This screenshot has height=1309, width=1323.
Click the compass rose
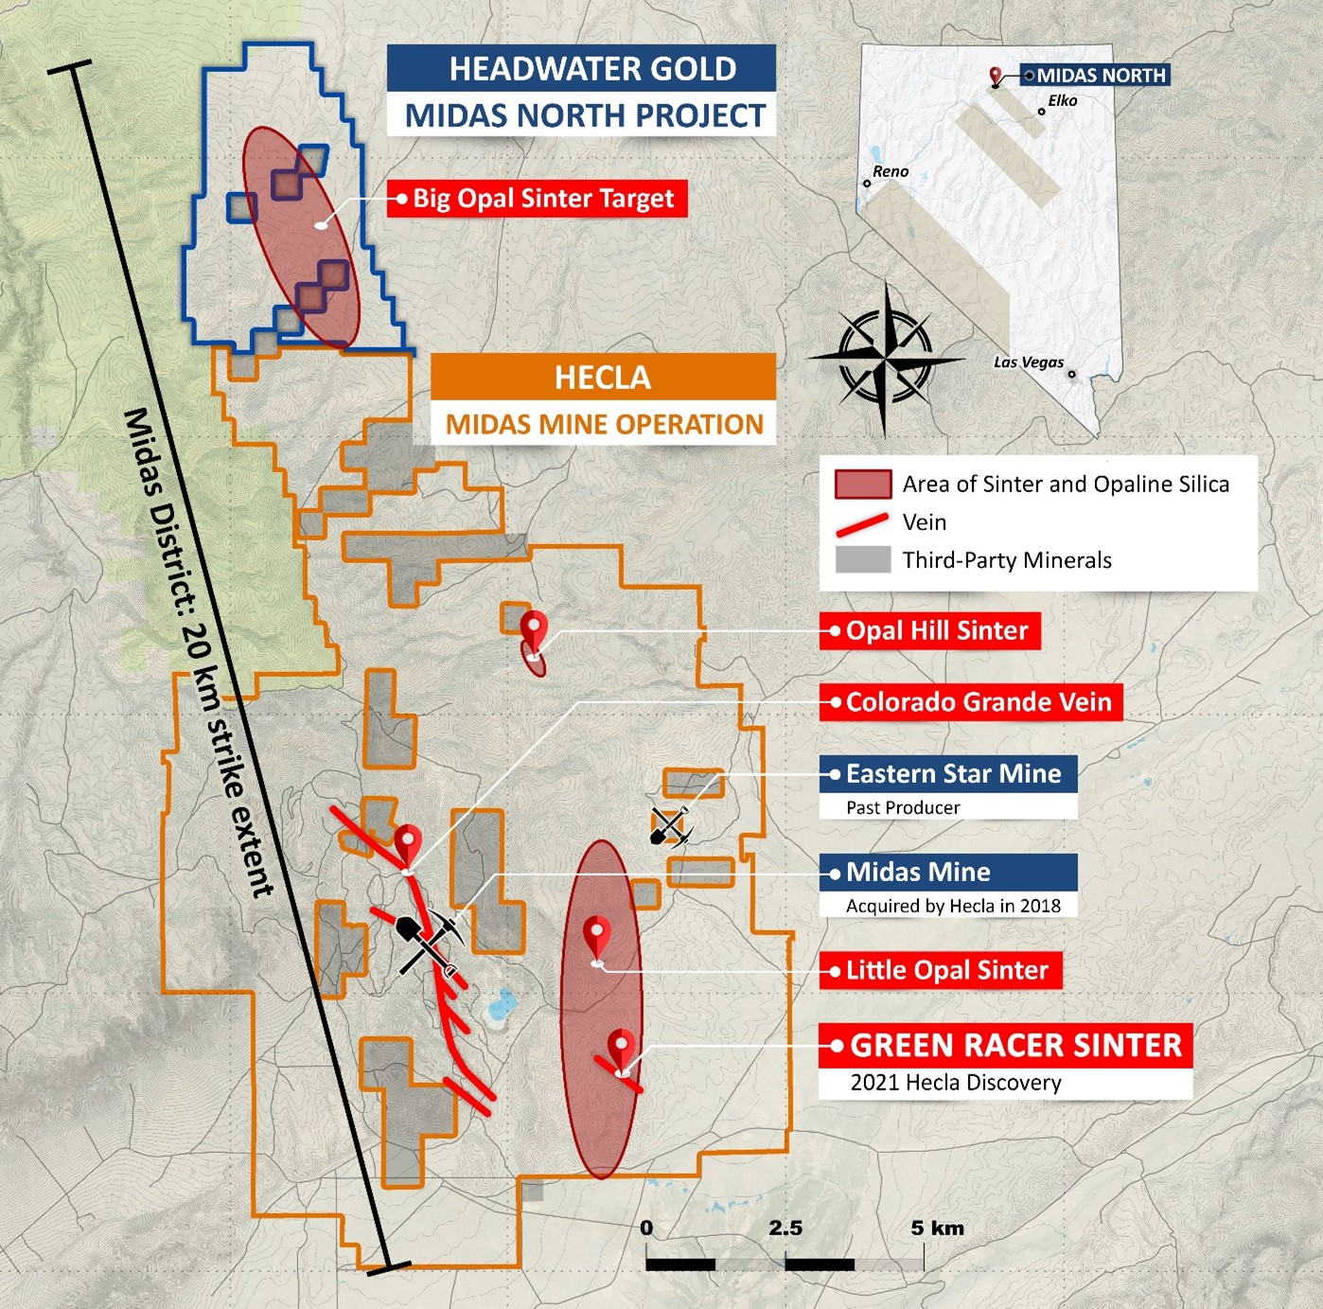click(x=886, y=359)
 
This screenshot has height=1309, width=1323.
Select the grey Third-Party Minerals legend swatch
click(x=862, y=560)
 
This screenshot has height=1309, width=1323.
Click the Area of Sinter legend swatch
click(x=862, y=485)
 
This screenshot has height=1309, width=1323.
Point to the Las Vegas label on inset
click(x=1028, y=363)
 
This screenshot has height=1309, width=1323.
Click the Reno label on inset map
click(x=890, y=171)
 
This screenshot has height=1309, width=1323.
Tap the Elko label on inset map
click(x=1062, y=101)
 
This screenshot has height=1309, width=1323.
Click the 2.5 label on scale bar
click(x=785, y=1229)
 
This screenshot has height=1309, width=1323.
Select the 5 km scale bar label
click(x=937, y=1229)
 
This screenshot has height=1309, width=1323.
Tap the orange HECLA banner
click(x=603, y=378)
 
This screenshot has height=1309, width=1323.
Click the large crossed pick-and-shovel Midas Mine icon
click(x=428, y=940)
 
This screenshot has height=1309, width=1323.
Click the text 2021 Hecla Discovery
click(x=956, y=1083)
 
